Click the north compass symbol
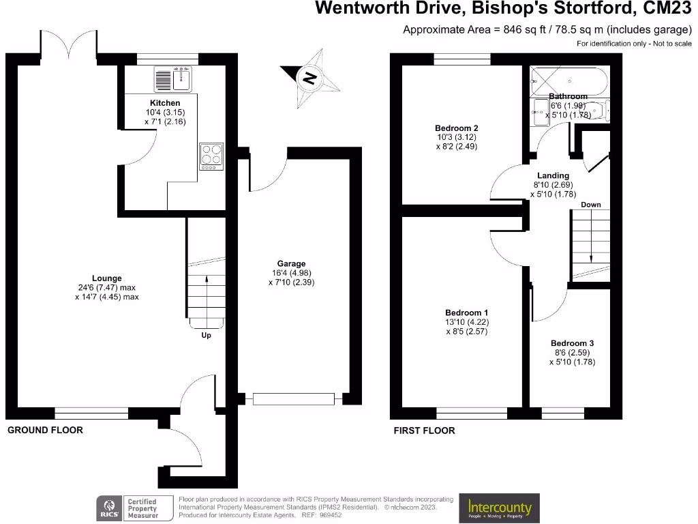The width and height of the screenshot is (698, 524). point(310,78)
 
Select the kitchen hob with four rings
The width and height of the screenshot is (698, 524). point(211,156)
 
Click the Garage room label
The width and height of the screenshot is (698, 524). point(291,263)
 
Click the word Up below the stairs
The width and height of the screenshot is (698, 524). point(206,336)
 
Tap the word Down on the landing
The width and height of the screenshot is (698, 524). point(590,205)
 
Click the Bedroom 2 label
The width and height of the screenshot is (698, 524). point(456,128)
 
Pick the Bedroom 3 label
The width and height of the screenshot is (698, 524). point(572,343)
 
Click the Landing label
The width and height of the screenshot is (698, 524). point(553,175)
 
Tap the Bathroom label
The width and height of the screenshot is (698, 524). point(568,97)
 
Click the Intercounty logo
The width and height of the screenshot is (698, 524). point(500,508)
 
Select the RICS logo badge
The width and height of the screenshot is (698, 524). point(110,508)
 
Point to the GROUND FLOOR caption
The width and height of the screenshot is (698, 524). point(45,431)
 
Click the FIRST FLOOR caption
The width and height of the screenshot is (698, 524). point(424,431)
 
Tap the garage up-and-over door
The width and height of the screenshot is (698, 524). point(294,398)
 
